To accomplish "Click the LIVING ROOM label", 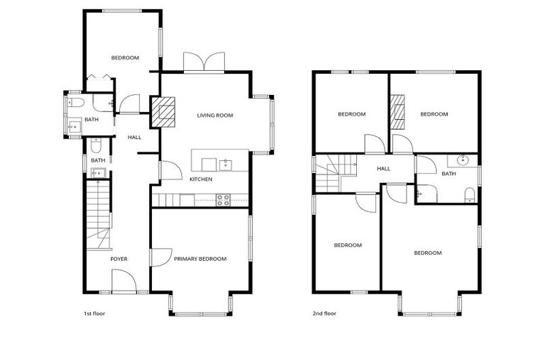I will click(x=215, y=116).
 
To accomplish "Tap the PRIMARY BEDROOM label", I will click(x=200, y=259).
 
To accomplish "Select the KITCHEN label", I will click(x=201, y=179).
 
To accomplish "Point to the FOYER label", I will click(x=119, y=259).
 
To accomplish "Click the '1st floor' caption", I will click(x=94, y=313).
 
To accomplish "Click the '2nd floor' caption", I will click(x=325, y=313).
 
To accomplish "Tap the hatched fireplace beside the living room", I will click(x=164, y=113).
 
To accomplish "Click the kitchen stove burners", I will click(x=223, y=200).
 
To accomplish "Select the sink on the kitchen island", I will click(x=226, y=165).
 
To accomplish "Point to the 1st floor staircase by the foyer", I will click(x=98, y=213).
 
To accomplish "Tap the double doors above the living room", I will click(x=204, y=62).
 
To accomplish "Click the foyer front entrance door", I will click(x=124, y=283).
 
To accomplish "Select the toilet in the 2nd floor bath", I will click(x=469, y=194).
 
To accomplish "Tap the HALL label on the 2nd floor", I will click(x=384, y=169).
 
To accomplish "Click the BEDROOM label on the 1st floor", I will click(x=125, y=57).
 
